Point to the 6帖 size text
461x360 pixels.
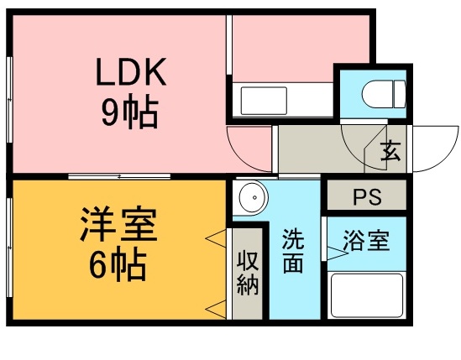(x=118, y=266)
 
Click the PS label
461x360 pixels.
(x=366, y=198)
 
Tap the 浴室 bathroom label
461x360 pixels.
(x=366, y=241)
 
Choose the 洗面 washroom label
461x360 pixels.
(x=293, y=250)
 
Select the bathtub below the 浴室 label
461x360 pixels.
(x=366, y=294)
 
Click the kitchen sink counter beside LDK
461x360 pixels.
(x=283, y=101)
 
